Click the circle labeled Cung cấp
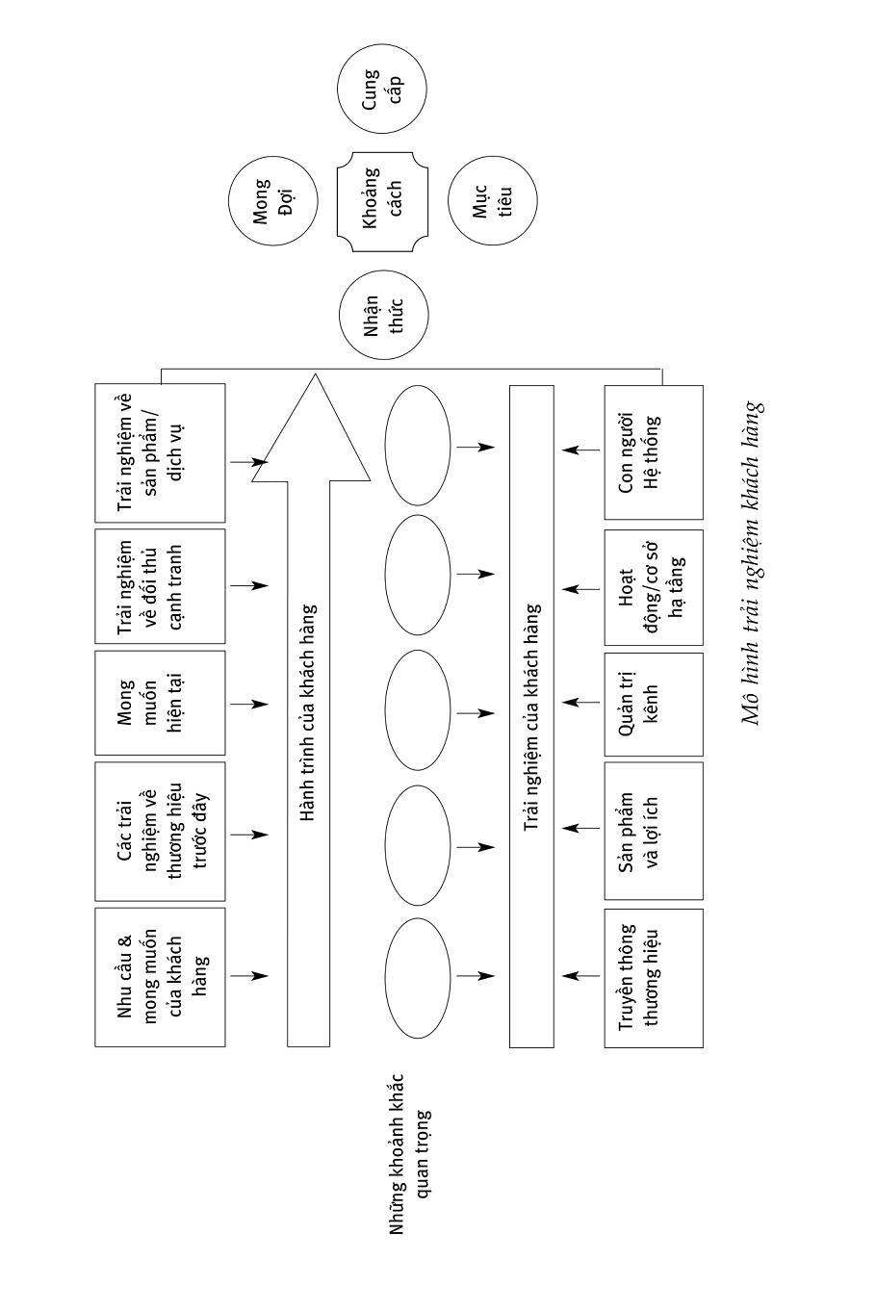coord(382,89)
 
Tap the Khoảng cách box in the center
coord(382,202)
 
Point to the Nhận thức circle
coord(383,315)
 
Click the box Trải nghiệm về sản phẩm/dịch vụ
coord(160,452)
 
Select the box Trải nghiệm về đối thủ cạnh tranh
coord(160,585)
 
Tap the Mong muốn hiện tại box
coord(160,703)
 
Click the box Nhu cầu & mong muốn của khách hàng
coord(160,976)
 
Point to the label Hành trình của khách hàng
coord(308,712)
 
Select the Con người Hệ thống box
coord(654,452)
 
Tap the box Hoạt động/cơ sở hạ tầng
coord(654,587)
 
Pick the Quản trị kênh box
coord(654,702)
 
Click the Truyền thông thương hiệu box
coord(654,976)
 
